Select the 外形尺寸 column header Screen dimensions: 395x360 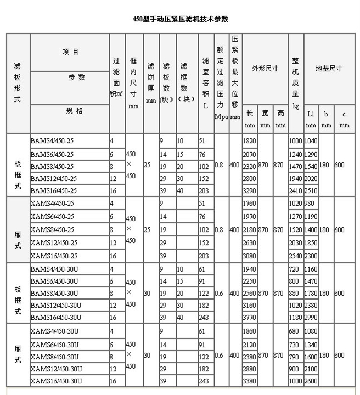pos(265,69)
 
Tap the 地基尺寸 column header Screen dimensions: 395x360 pos(329,69)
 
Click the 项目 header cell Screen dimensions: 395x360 pos(70,52)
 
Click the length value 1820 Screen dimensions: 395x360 pos(249,141)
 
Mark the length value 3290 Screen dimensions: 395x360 pos(249,190)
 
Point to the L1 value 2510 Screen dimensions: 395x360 pos(311,190)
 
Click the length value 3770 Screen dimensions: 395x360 pos(249,317)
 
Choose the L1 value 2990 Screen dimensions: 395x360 pos(311,317)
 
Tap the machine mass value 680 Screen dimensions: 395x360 pos(295,331)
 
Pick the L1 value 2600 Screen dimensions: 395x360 pos(311,381)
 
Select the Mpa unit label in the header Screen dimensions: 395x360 pos(221,117)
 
